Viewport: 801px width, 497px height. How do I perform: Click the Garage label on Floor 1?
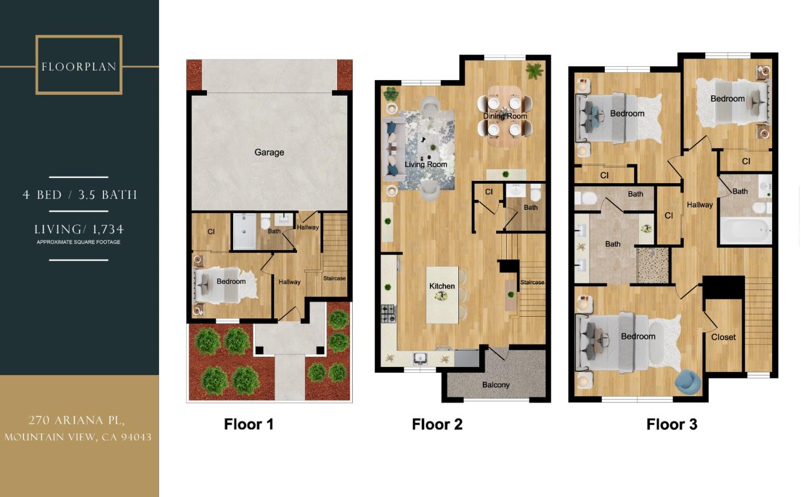pos(269,152)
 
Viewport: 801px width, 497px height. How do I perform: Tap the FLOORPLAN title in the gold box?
pos(79,67)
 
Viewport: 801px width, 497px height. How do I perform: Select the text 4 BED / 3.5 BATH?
pos(80,195)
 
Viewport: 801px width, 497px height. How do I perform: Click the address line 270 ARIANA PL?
pos(77,420)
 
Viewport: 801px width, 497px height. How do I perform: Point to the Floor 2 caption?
pos(437,424)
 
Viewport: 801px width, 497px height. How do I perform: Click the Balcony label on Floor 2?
pos(496,385)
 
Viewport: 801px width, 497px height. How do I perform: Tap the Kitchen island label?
pos(442,286)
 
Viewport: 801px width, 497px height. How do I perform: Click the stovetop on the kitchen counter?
pos(388,314)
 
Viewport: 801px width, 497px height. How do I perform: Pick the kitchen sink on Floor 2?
pos(420,357)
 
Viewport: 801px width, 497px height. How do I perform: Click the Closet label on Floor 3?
pos(723,337)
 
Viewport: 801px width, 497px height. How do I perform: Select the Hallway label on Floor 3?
pos(699,205)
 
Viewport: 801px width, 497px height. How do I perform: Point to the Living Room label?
pos(426,164)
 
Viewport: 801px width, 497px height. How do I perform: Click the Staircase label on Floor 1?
pos(334,278)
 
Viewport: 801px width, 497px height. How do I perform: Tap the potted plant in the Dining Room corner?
pos(534,71)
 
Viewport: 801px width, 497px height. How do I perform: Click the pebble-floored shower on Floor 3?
pos(653,265)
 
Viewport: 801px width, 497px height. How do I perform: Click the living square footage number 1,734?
pos(108,229)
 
